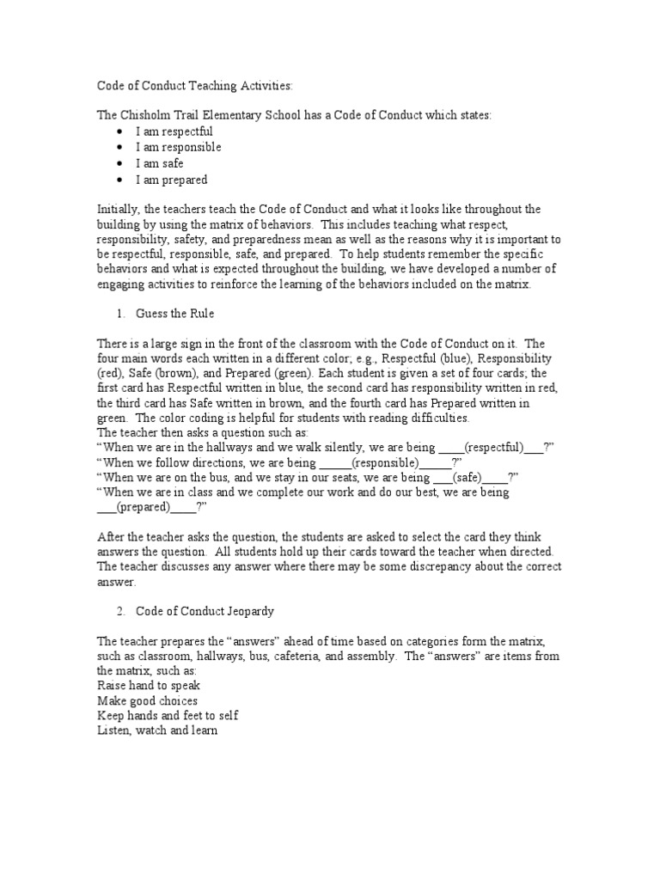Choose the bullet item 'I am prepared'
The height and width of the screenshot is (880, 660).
171,180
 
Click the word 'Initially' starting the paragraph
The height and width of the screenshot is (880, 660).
118,209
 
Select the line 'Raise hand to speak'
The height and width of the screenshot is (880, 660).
149,686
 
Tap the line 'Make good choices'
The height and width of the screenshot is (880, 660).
147,701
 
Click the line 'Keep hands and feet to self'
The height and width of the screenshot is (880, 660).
168,716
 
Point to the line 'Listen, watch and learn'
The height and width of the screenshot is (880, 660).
156,730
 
